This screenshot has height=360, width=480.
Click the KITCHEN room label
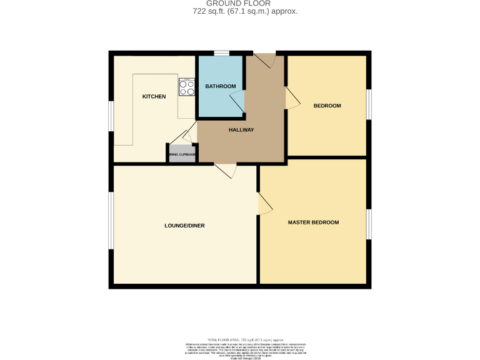pyautogui.click(x=154, y=96)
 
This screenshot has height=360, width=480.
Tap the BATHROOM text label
pyautogui.click(x=221, y=86)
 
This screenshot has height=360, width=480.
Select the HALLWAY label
pyautogui.click(x=241, y=130)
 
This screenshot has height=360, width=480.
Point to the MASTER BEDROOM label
pyautogui.click(x=313, y=222)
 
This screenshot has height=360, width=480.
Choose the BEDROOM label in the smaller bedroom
pyautogui.click(x=327, y=106)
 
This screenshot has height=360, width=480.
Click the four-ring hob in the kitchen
pyautogui.click(x=187, y=88)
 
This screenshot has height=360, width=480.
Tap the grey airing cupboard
pyautogui.click(x=182, y=154)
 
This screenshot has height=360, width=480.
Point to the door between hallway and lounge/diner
pyautogui.click(x=225, y=169)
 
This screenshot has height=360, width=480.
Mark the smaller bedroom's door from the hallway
pyautogui.click(x=292, y=98)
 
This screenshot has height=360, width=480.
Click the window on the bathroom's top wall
pyautogui.click(x=221, y=53)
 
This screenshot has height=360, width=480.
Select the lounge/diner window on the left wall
pyautogui.click(x=111, y=220)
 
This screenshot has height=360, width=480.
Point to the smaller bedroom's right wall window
pyautogui.click(x=369, y=104)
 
